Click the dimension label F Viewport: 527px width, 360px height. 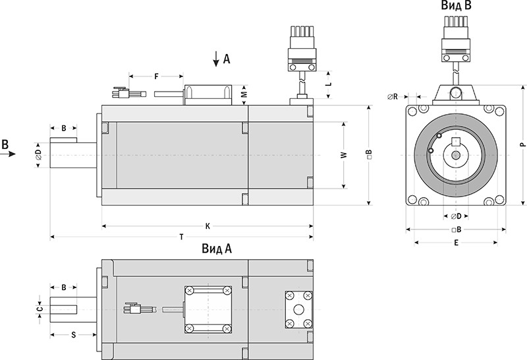tap(156, 76)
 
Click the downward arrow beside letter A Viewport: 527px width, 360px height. tap(216, 59)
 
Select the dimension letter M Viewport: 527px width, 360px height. tap(244, 94)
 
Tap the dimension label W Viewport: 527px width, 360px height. tap(343, 155)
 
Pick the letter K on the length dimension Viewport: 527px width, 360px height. tap(208, 225)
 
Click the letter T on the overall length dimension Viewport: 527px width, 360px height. tap(181, 236)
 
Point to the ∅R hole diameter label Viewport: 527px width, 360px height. tap(392, 97)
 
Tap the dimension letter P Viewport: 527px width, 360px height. tap(521, 144)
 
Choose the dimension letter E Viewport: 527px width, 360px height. tap(455, 242)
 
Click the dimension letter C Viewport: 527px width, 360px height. tap(40, 309)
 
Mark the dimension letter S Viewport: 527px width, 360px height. tap(72, 334)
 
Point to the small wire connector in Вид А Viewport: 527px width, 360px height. tap(134, 309)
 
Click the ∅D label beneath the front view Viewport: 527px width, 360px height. tap(455, 216)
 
